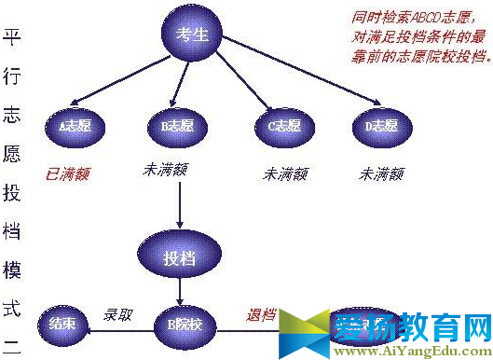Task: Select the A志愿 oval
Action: pos(75,124)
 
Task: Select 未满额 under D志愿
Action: pos(383,173)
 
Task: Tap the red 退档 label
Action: pos(263,313)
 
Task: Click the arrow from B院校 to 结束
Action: pos(117,328)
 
